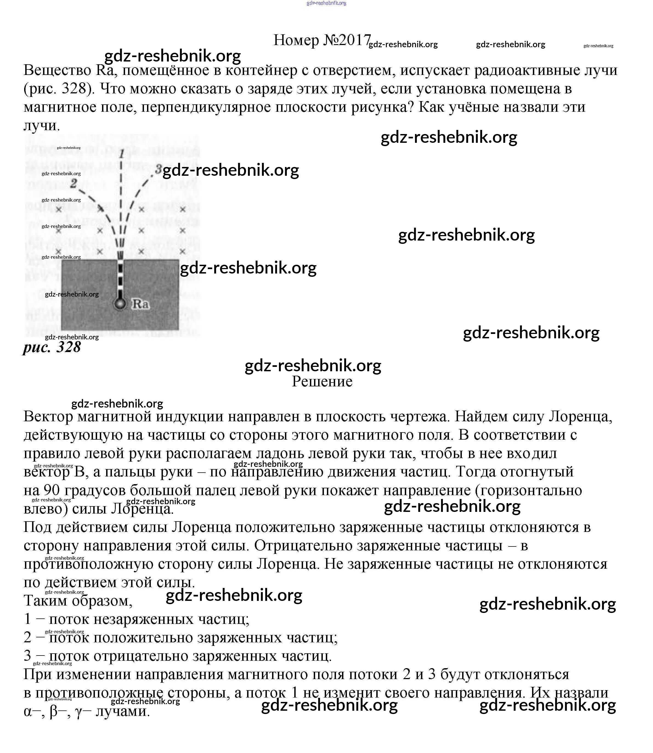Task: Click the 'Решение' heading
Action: (x=322, y=382)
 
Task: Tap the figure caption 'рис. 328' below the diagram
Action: (x=52, y=347)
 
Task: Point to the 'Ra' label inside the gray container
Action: (x=140, y=303)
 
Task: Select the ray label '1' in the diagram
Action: (x=122, y=154)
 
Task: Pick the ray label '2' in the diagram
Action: (x=74, y=183)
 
